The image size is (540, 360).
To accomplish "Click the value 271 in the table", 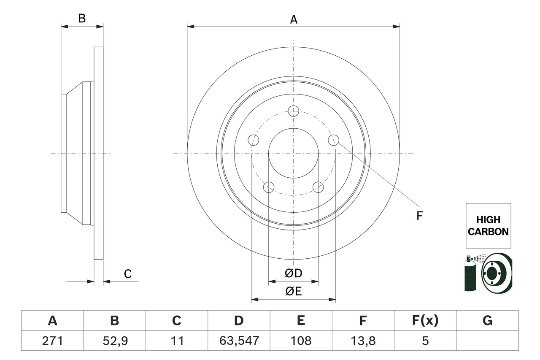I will pyautogui.click(x=53, y=340).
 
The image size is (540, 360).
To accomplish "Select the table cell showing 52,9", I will pyautogui.click(x=115, y=340).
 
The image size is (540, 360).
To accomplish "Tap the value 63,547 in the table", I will pyautogui.click(x=239, y=340).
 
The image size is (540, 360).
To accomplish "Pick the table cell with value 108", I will pyautogui.click(x=301, y=340).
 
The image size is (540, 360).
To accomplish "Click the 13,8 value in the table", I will pyautogui.click(x=363, y=340).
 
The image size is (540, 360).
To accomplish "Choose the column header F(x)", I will pyautogui.click(x=425, y=321).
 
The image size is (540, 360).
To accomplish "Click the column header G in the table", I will pyautogui.click(x=487, y=321).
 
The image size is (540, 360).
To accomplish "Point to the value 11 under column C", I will pyautogui.click(x=177, y=340).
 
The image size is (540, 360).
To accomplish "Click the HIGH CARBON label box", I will pyautogui.click(x=488, y=226).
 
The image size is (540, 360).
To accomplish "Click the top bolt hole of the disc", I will pyautogui.click(x=293, y=111).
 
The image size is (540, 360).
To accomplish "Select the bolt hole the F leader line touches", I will pyautogui.click(x=334, y=140).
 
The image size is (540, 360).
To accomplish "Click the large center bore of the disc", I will pyautogui.click(x=293, y=153).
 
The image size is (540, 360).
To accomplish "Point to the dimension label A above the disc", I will pyautogui.click(x=293, y=19).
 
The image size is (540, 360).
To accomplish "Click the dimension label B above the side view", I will pyautogui.click(x=82, y=19).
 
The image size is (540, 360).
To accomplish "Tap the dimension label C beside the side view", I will pyautogui.click(x=128, y=274).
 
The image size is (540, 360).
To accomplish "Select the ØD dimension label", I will pyautogui.click(x=293, y=273).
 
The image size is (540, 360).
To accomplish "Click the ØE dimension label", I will pyautogui.click(x=293, y=292).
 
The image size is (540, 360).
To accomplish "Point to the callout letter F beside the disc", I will pyautogui.click(x=419, y=216).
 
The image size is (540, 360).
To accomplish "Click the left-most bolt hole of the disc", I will pyautogui.click(x=253, y=140).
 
